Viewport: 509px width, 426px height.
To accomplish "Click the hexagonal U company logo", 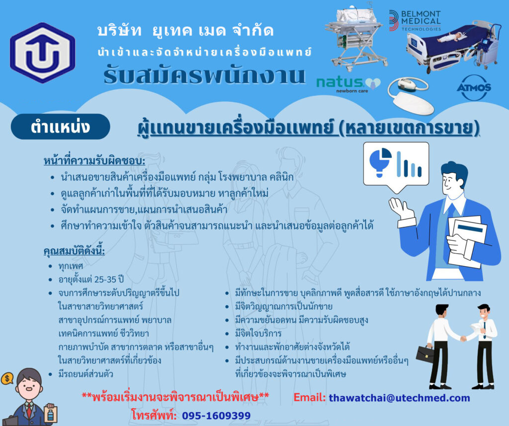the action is pos(43,53).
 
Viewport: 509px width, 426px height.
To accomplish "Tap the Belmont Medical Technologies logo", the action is pos(415,20).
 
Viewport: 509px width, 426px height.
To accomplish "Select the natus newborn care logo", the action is pos(348,84).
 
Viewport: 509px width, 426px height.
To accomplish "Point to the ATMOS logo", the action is pos(474,87).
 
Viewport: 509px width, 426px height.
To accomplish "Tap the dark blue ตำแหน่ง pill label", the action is pos(60,127).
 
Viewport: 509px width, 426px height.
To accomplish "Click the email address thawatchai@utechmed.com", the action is pos(399,398).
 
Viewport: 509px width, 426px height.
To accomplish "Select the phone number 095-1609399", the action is pos(216,416).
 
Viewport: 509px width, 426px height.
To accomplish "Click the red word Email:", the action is pos(309,398).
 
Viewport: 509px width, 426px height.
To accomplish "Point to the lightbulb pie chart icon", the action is pos(380,162).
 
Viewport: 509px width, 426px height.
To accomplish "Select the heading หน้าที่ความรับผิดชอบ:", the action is pos(94,161).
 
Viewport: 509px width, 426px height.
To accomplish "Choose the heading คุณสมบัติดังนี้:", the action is pos(75,251).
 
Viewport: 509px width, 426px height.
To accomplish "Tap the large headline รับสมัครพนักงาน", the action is pos(204,75).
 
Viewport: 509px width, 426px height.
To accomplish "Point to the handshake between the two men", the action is pos(463,339).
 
